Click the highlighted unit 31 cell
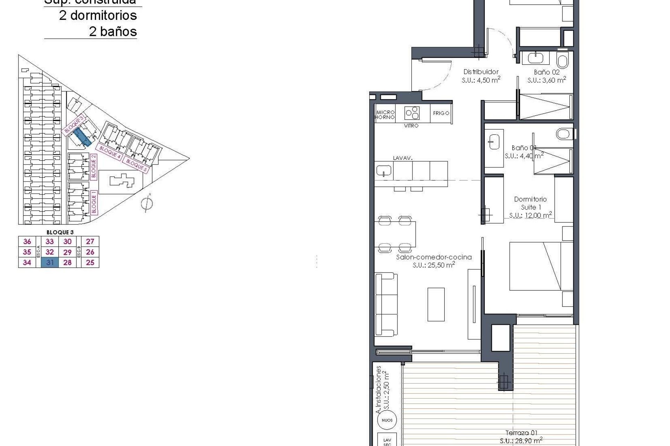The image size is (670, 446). click(x=50, y=263)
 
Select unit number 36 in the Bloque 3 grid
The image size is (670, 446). click(x=27, y=241)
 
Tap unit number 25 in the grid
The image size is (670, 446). click(x=90, y=263)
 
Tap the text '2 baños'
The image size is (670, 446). click(x=113, y=32)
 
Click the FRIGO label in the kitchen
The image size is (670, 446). click(x=441, y=113)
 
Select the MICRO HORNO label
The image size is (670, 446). click(x=385, y=115)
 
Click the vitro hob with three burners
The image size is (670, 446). click(x=412, y=113)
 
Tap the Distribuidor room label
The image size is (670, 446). click(x=481, y=72)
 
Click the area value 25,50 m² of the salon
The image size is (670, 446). click(x=433, y=265)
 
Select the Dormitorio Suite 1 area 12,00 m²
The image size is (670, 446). click(x=530, y=215)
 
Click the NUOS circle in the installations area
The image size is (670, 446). click(x=387, y=420)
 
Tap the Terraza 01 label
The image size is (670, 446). click(x=521, y=433)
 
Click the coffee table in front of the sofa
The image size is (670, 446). click(x=436, y=304)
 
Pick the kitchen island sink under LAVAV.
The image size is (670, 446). click(x=384, y=171)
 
